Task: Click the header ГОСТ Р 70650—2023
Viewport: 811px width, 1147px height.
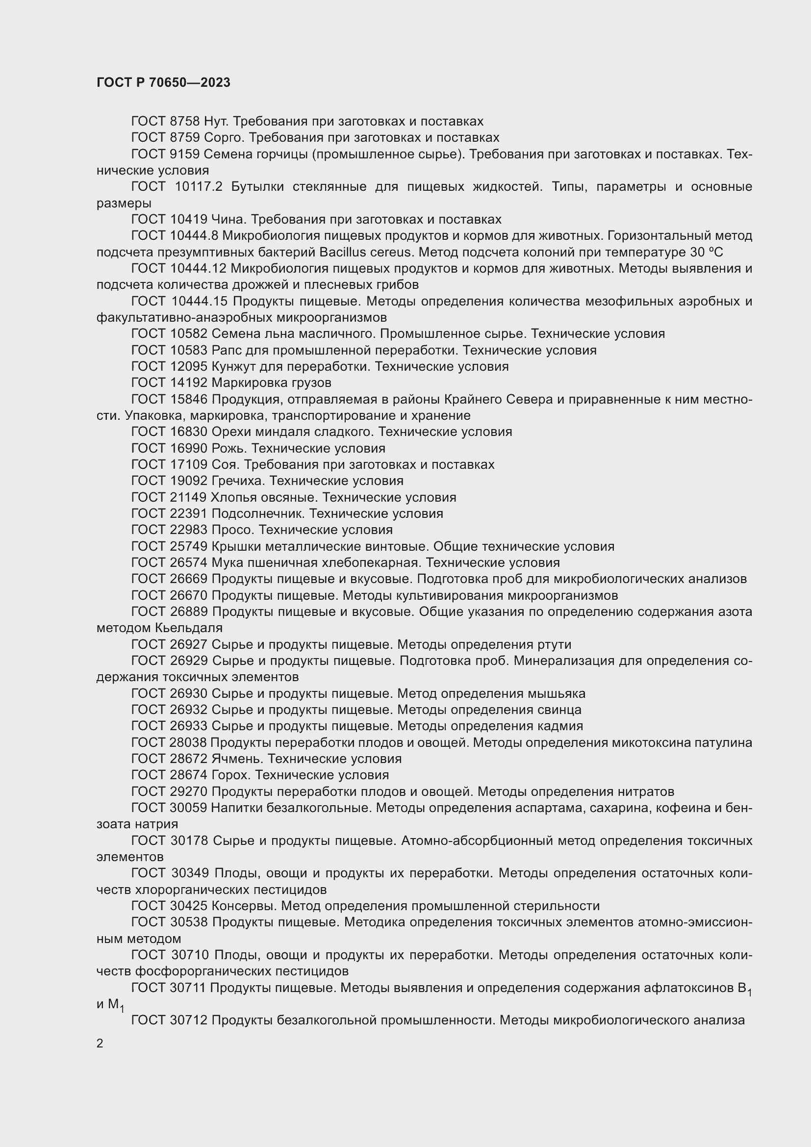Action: (x=163, y=82)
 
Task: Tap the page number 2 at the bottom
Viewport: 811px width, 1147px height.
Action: (x=100, y=1043)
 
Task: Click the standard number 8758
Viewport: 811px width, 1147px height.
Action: (x=185, y=122)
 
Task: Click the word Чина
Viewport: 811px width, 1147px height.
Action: (x=227, y=219)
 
